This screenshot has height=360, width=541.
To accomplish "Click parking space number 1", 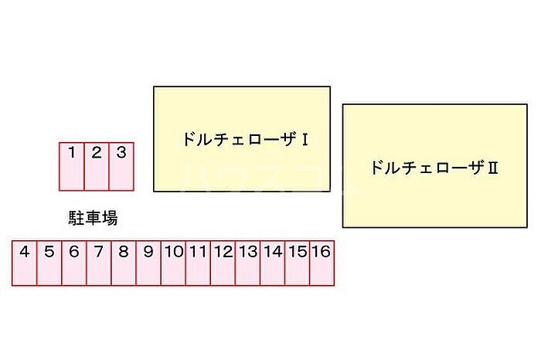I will (72, 166).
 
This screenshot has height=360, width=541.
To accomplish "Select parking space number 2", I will (97, 166).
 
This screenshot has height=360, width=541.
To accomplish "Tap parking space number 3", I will (121, 166).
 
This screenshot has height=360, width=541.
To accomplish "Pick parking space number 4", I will (25, 263).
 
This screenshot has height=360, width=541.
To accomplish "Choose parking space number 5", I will (49, 263).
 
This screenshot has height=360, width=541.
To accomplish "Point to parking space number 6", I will (74, 263).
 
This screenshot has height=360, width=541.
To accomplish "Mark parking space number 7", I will (99, 263).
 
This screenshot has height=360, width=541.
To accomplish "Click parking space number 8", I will (124, 263).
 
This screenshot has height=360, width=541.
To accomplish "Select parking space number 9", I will (148, 263).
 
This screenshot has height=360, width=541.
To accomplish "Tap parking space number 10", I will (173, 263).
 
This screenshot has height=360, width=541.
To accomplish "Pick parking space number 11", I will (198, 263).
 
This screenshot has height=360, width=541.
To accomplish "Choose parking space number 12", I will (223, 263).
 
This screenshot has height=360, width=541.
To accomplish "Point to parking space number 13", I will (247, 263).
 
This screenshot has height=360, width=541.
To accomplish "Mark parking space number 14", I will (273, 263).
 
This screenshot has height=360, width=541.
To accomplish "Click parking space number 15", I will (298, 263).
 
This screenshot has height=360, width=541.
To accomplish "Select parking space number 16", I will (322, 263).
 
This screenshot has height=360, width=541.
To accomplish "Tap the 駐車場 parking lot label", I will (93, 219).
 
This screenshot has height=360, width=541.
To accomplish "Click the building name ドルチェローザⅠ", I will (246, 140).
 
